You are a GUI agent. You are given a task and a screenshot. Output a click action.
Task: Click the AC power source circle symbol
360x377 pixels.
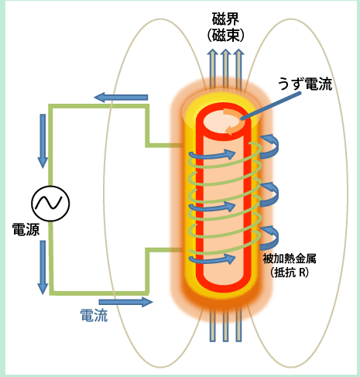point(50,204)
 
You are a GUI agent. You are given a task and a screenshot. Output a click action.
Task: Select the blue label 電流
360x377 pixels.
point(94,315)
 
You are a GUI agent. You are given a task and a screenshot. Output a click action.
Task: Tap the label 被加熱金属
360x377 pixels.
point(290,256)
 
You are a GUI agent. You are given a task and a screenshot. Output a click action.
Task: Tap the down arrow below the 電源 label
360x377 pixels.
point(43,267)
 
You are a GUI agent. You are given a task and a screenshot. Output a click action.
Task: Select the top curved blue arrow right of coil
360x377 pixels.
point(272,143)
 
